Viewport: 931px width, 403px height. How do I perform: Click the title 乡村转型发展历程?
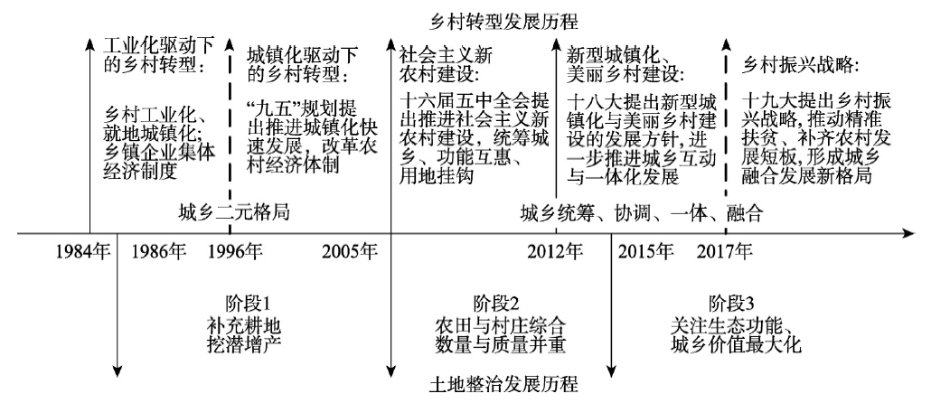pyautogui.click(x=503, y=22)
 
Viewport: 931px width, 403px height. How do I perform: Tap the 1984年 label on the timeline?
pyautogui.click(x=84, y=252)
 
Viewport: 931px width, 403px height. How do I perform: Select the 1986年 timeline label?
pyautogui.click(x=158, y=252)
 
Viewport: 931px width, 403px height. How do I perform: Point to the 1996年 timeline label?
pyautogui.click(x=235, y=252)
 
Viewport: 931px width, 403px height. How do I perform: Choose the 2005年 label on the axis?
pyautogui.click(x=350, y=252)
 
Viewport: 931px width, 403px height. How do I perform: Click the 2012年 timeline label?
pyautogui.click(x=555, y=252)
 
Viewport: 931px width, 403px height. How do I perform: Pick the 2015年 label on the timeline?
pyautogui.click(x=645, y=252)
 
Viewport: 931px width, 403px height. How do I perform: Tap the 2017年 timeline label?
pyautogui.click(x=724, y=252)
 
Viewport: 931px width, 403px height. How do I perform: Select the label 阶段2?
pyautogui.click(x=497, y=305)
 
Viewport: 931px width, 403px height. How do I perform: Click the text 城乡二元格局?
pyautogui.click(x=234, y=211)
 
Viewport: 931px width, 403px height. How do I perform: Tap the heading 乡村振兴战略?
pyautogui.click(x=801, y=65)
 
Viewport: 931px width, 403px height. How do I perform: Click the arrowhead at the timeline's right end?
pyautogui.click(x=908, y=234)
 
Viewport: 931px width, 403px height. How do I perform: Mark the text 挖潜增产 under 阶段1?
pyautogui.click(x=243, y=343)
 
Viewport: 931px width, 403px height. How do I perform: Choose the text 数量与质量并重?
pyautogui.click(x=499, y=344)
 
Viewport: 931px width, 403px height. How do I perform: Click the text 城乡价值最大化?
pyautogui.click(x=738, y=344)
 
